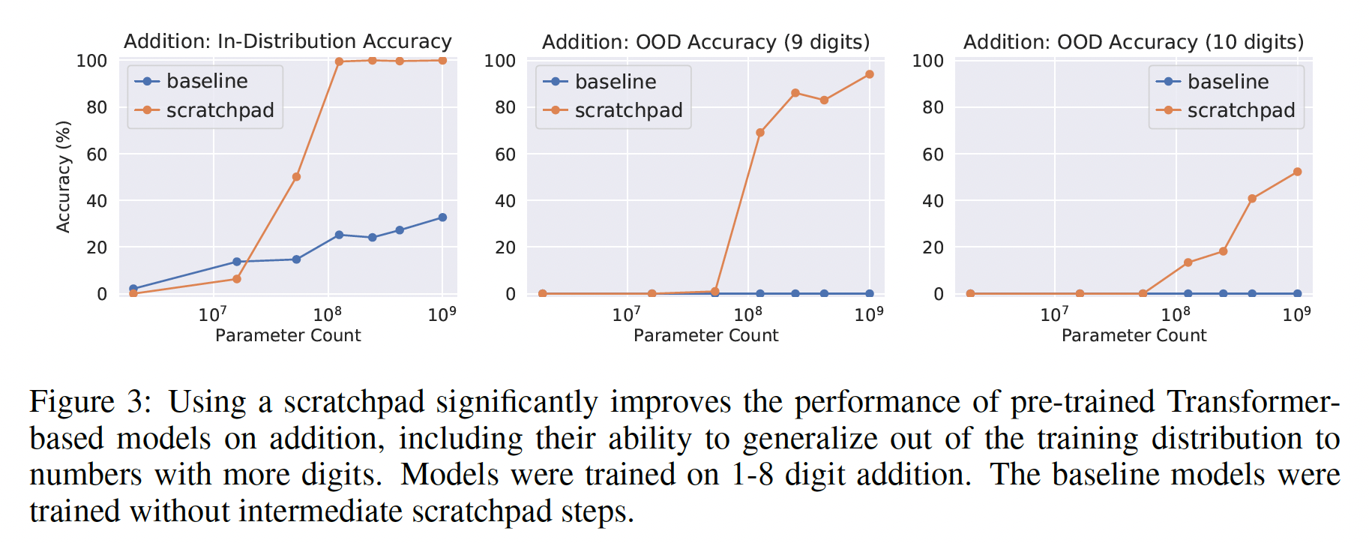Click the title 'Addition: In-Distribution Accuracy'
coord(287,41)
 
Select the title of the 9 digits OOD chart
coord(705,42)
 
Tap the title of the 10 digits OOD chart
coord(1133,42)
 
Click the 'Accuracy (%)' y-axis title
coord(64,177)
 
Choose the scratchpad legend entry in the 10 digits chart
coord(1240,110)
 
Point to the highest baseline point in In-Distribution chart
coord(442,217)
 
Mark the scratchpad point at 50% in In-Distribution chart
coord(296,177)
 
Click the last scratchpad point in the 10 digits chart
coord(1298,172)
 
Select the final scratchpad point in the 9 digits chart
coord(870,74)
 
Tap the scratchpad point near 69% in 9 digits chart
coord(760,133)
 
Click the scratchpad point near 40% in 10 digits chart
coord(1252,199)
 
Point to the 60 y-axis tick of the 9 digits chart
coord(505,154)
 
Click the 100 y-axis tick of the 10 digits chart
coord(927,61)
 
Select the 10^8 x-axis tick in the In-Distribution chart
coord(328,313)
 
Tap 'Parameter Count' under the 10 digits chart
coord(1134,335)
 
